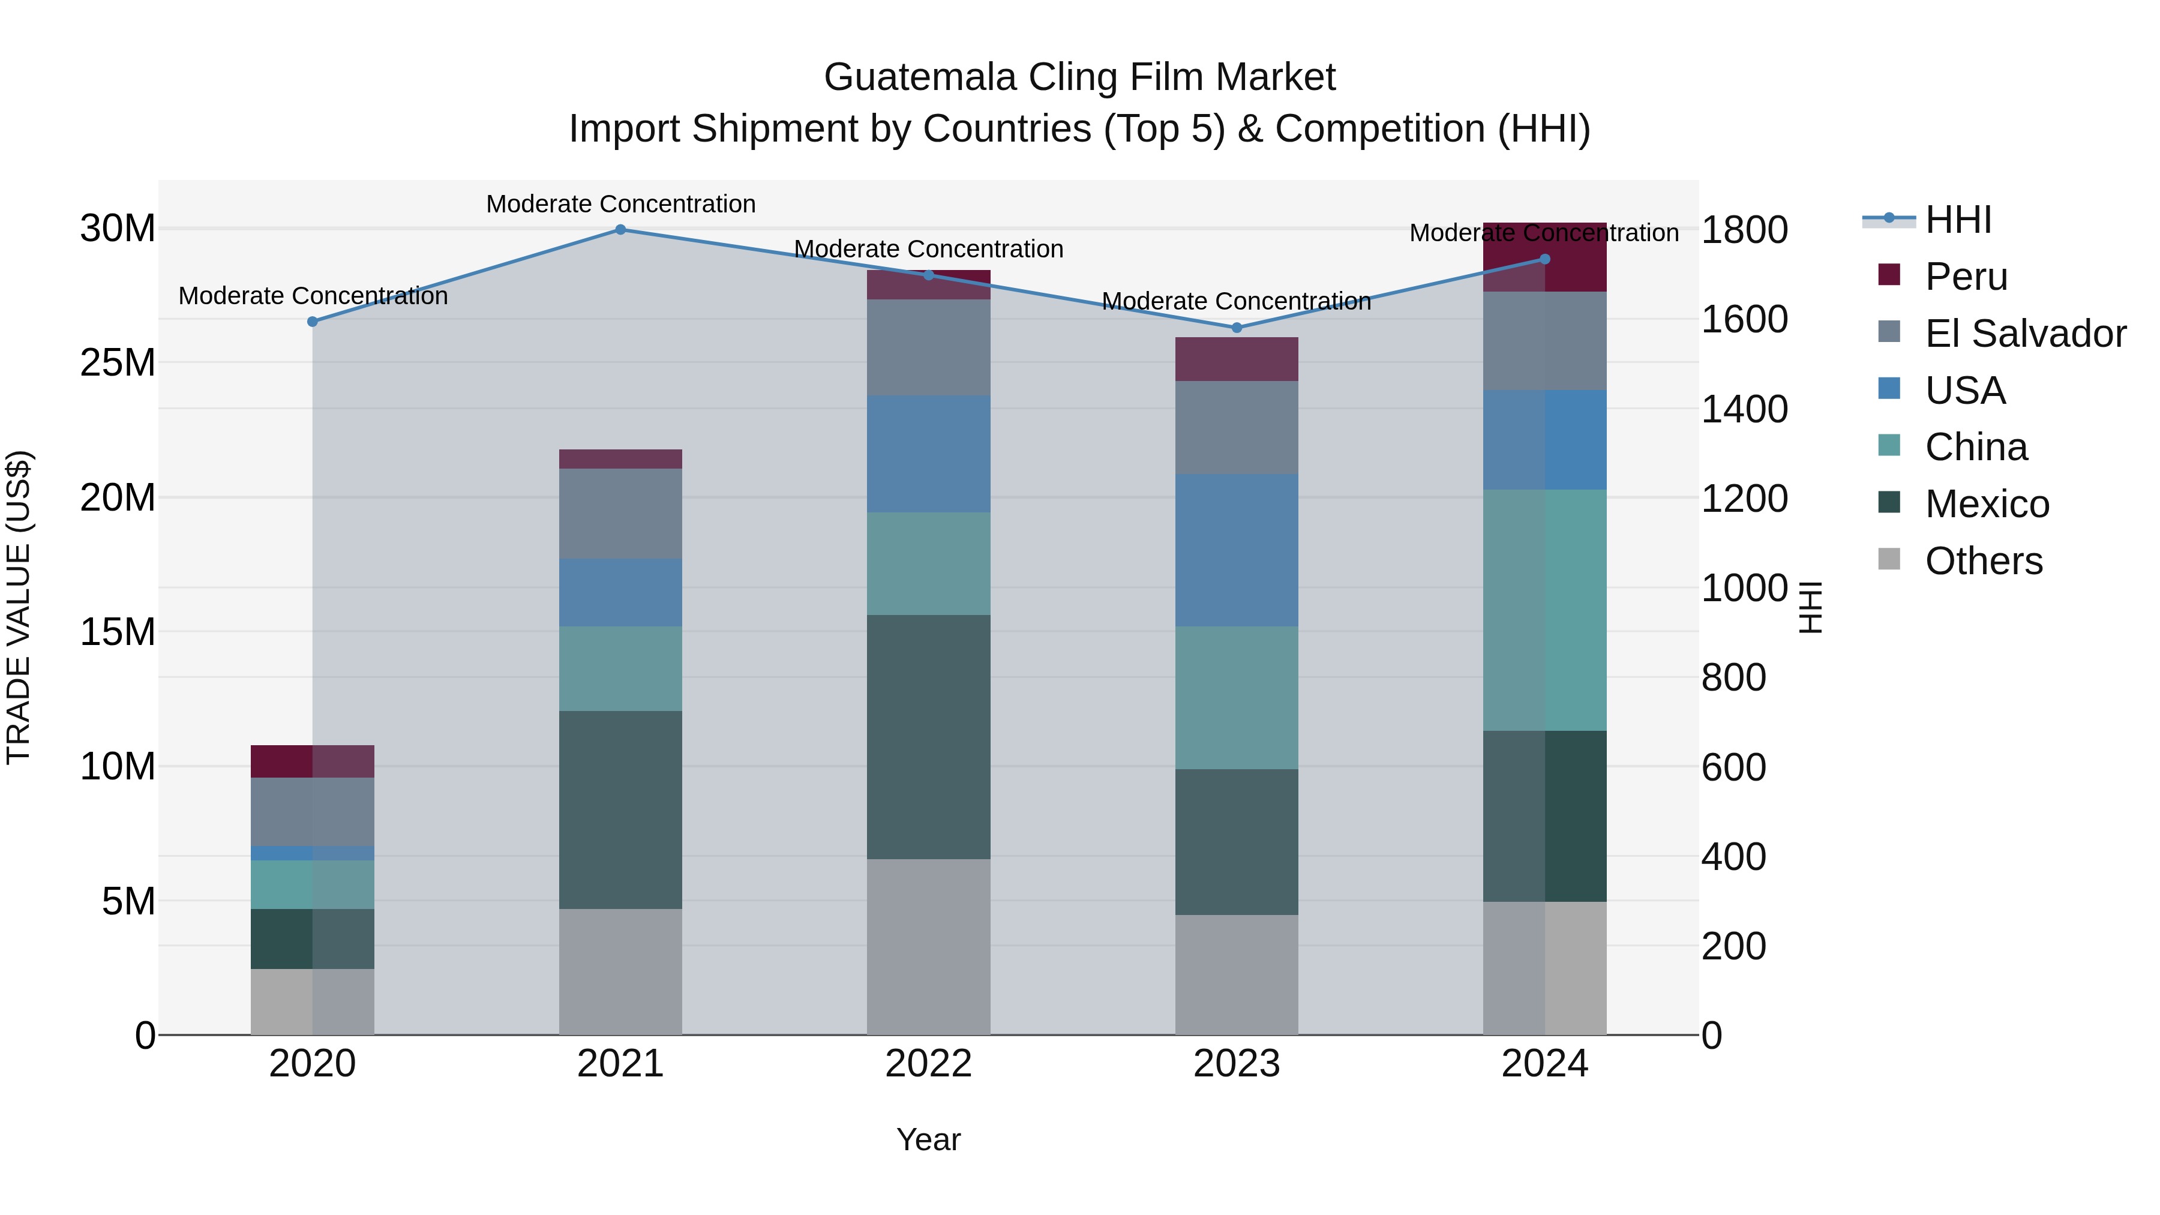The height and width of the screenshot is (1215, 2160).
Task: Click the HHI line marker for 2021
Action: click(620, 230)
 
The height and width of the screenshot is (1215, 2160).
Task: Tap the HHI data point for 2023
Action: click(1236, 328)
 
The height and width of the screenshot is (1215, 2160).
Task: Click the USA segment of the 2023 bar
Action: click(1236, 550)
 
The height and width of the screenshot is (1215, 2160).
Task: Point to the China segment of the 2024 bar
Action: click(1544, 610)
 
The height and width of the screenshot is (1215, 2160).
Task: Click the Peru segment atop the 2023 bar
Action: click(1236, 359)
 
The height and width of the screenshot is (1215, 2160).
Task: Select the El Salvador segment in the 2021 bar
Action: click(620, 513)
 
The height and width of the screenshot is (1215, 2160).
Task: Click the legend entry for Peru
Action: click(1966, 277)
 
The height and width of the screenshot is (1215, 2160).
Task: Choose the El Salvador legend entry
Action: click(2024, 334)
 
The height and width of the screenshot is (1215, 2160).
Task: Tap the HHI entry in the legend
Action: click(1957, 220)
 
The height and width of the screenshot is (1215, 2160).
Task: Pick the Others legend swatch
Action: click(1889, 559)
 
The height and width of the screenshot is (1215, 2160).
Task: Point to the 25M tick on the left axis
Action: click(118, 363)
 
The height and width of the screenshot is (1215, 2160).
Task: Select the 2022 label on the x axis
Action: click(928, 1064)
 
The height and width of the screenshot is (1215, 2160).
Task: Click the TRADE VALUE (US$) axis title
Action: click(19, 607)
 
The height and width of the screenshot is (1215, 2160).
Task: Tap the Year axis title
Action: click(928, 1139)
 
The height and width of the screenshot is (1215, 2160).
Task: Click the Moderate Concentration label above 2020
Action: click(313, 296)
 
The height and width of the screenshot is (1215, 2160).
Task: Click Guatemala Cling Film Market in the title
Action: click(1079, 77)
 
